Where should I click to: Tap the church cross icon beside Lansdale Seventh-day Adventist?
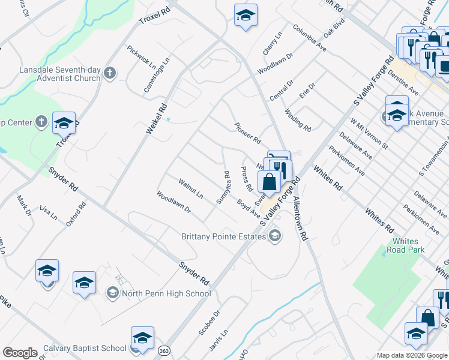click(x=109, y=73)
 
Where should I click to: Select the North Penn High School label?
click(x=166, y=293)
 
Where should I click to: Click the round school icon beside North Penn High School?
click(x=112, y=293)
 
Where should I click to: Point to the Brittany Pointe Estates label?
click(x=223, y=236)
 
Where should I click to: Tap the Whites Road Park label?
click(x=405, y=245)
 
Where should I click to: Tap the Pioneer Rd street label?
click(x=247, y=131)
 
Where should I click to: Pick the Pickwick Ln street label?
click(x=140, y=56)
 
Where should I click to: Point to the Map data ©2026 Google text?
click(x=412, y=355)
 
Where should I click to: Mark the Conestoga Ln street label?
click(x=157, y=76)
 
